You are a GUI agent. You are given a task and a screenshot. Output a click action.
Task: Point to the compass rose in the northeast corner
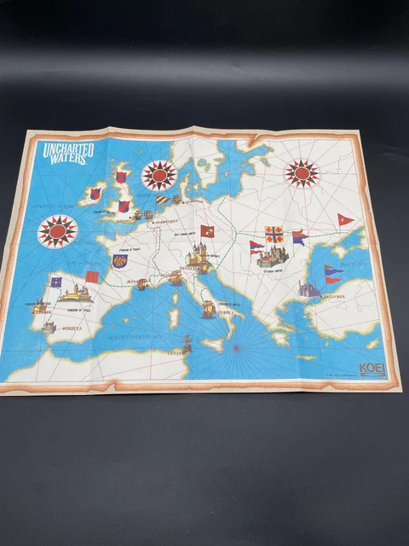[x=301, y=173]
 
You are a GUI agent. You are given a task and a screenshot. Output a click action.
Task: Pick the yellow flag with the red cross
[x=274, y=233]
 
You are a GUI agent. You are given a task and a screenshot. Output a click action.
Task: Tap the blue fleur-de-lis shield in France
[x=118, y=260]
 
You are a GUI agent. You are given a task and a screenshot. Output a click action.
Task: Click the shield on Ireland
[x=95, y=195]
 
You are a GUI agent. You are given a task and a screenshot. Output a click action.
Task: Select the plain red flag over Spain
[x=91, y=277]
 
